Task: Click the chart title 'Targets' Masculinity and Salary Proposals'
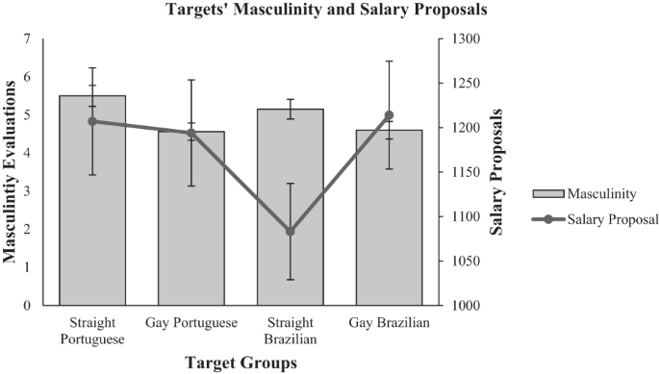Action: tap(328, 12)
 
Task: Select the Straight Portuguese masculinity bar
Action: tap(92, 212)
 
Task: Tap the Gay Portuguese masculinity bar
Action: tap(190, 231)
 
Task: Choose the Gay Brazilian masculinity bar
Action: tap(389, 231)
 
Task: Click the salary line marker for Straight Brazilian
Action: tap(290, 232)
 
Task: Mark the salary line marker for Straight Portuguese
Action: tap(92, 121)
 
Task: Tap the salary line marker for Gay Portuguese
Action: tap(190, 133)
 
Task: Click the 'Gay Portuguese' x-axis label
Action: tap(190, 323)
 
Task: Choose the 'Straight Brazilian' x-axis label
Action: tap(290, 330)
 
